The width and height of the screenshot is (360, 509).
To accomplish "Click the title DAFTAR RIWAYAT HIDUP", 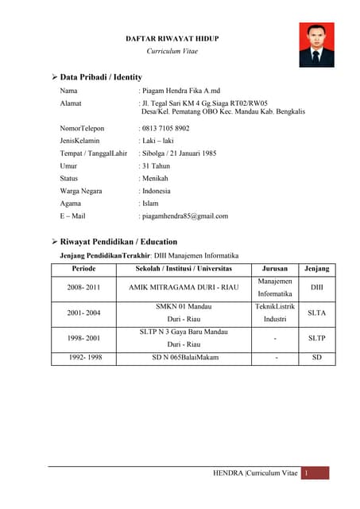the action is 172,38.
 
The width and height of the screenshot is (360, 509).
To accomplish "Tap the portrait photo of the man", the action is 315,45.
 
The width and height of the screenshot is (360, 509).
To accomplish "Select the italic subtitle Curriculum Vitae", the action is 172,51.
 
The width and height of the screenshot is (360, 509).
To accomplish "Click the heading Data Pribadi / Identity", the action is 101,77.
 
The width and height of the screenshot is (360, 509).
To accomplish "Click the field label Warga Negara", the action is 81,191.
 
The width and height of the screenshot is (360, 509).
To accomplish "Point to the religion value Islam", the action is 151,204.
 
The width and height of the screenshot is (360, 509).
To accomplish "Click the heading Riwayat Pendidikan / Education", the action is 118,242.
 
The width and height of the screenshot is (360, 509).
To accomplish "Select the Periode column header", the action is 83,269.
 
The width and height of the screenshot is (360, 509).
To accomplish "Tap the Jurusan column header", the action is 275,269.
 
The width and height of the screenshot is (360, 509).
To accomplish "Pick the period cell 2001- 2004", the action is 83,313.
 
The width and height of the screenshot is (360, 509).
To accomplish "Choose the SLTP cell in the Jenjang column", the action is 316,338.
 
